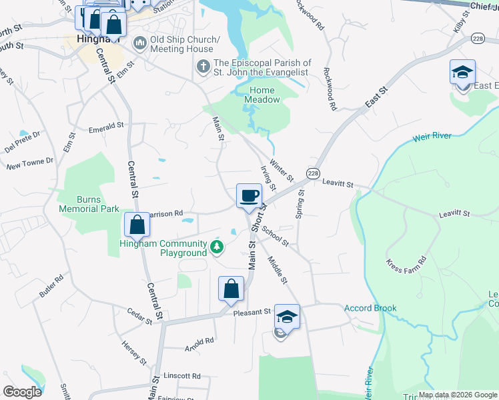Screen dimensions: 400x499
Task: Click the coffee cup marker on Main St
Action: pyautogui.click(x=249, y=196)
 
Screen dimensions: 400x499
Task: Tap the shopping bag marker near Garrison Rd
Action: pyautogui.click(x=137, y=225)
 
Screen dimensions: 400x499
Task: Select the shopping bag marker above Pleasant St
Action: pyautogui.click(x=231, y=289)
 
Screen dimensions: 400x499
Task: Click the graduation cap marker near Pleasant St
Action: pyautogui.click(x=287, y=316)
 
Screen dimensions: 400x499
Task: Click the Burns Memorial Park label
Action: pyautogui.click(x=89, y=204)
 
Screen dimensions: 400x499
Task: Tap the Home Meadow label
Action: pyautogui.click(x=264, y=95)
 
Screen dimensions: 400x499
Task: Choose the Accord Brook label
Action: pyautogui.click(x=370, y=308)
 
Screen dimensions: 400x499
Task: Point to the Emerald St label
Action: pyautogui.click(x=106, y=127)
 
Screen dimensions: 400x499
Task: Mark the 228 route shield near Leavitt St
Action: pyautogui.click(x=313, y=173)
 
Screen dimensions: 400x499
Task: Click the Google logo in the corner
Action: pyautogui.click(x=22, y=391)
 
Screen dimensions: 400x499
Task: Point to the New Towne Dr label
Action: pyautogui.click(x=29, y=163)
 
